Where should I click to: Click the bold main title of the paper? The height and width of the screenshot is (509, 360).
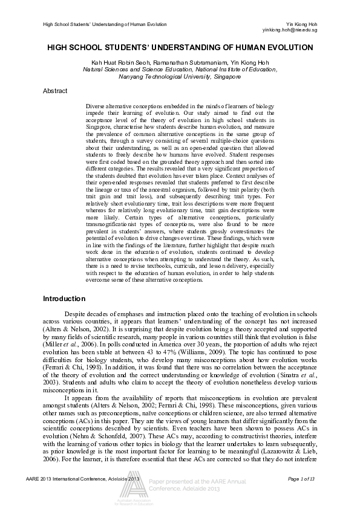coord(180,47)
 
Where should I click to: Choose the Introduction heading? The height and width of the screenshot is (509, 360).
coord(64,299)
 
